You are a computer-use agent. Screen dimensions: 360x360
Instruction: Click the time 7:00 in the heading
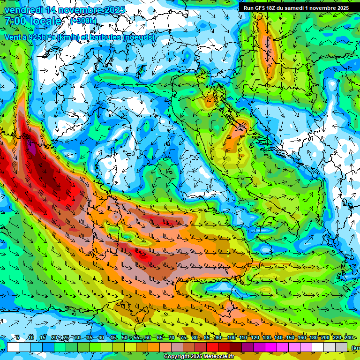(17, 21)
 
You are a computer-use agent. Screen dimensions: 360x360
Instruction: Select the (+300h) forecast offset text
(83, 21)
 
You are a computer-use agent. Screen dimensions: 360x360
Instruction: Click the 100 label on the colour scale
(231, 338)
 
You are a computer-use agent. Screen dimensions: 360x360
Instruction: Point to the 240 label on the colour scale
(349, 338)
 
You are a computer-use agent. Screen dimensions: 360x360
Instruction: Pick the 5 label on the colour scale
(18, 338)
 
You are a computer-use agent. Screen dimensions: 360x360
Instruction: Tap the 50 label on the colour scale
(125, 338)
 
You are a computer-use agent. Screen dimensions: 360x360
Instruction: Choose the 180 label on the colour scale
(313, 338)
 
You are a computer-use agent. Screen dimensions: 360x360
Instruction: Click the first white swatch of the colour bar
(13, 347)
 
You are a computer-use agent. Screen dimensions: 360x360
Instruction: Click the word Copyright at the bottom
(177, 357)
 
